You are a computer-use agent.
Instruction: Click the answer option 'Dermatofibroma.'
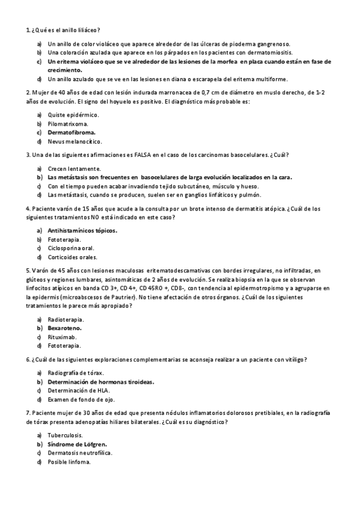[x=72, y=132]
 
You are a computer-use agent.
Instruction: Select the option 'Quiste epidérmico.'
[x=73, y=114]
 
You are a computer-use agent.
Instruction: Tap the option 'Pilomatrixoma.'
[x=67, y=123]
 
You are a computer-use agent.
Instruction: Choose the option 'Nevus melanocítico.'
[x=75, y=141]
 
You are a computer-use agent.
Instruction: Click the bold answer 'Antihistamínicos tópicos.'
[x=82, y=230]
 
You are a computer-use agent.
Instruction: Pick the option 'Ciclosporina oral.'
[x=71, y=248]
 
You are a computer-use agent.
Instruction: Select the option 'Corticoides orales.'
[x=72, y=257]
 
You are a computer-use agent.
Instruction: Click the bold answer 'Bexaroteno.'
[x=65, y=328]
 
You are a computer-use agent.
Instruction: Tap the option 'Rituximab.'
[x=63, y=337]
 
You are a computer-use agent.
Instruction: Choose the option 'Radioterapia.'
[x=66, y=319]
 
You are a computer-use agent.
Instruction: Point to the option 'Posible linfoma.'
[x=69, y=462]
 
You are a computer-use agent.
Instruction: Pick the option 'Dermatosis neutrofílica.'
[x=80, y=453]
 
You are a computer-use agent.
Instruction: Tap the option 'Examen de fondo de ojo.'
[x=81, y=399]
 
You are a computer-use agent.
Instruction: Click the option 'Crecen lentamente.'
[x=75, y=168]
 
